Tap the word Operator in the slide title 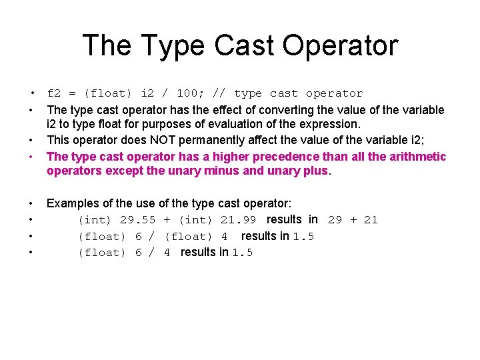340,45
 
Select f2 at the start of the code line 53,93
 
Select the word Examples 72,203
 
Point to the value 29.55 137,219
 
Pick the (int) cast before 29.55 95,219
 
